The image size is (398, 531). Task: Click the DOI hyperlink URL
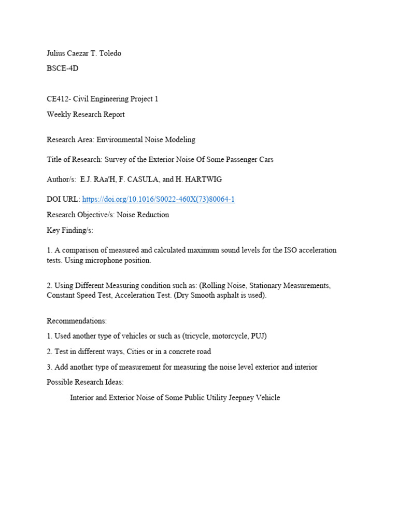(x=159, y=200)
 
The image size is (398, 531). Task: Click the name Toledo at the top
(x=109, y=53)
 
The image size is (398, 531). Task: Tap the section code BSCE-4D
(x=63, y=68)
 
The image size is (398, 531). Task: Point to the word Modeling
(x=180, y=139)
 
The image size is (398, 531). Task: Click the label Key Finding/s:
(x=70, y=230)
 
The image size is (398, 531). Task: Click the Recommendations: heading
(x=77, y=321)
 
